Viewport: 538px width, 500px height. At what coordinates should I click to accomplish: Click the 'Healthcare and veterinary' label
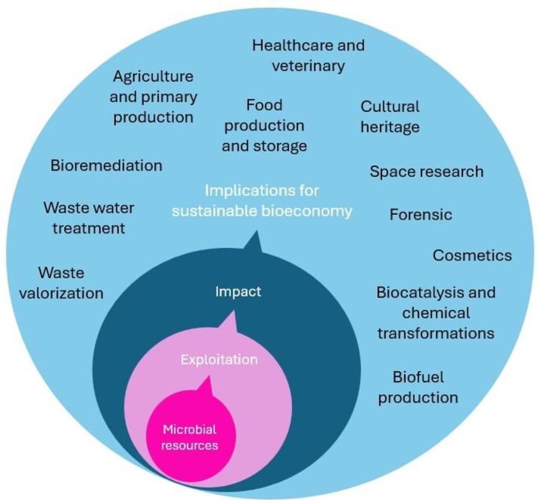[308, 56]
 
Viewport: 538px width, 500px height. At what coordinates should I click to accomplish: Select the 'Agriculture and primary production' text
[154, 97]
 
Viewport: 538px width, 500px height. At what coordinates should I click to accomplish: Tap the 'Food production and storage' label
[264, 124]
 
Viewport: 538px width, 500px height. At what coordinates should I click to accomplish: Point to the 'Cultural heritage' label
[390, 116]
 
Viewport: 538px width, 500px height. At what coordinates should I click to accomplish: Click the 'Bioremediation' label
[106, 165]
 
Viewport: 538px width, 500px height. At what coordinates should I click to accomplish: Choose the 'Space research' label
[426, 172]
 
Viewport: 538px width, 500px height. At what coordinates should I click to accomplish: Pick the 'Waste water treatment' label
[83, 218]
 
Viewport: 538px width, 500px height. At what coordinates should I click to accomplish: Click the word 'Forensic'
[421, 214]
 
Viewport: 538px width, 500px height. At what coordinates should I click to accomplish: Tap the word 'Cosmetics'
[472, 255]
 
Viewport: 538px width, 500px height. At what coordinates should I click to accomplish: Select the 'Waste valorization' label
[70, 283]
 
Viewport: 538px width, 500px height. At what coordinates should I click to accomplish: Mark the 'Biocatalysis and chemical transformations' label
[435, 313]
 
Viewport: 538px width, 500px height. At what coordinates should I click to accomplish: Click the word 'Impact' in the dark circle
[237, 291]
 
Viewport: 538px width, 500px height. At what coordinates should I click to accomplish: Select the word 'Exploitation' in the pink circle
[219, 359]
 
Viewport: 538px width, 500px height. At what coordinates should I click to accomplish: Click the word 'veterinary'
[308, 65]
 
